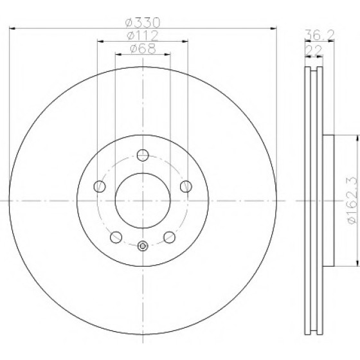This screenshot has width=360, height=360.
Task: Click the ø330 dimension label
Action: pyautogui.click(x=142, y=22)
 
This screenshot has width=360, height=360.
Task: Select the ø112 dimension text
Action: pyautogui.click(x=143, y=35)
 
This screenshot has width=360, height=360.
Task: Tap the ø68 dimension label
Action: pyautogui.click(x=143, y=49)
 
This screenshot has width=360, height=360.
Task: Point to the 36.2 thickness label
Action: pyautogui.click(x=319, y=35)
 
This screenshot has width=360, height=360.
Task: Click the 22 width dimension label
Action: pyautogui.click(x=314, y=51)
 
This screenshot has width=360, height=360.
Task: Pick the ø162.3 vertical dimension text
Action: pyautogui.click(x=353, y=200)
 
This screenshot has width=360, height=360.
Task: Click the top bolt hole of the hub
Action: pyautogui.click(x=143, y=155)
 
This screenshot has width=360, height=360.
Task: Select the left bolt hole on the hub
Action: pyautogui.click(x=100, y=186)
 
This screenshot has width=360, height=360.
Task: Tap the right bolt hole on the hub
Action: pyautogui.click(x=186, y=186)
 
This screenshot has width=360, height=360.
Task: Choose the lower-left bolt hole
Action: pyautogui.click(x=116, y=237)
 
